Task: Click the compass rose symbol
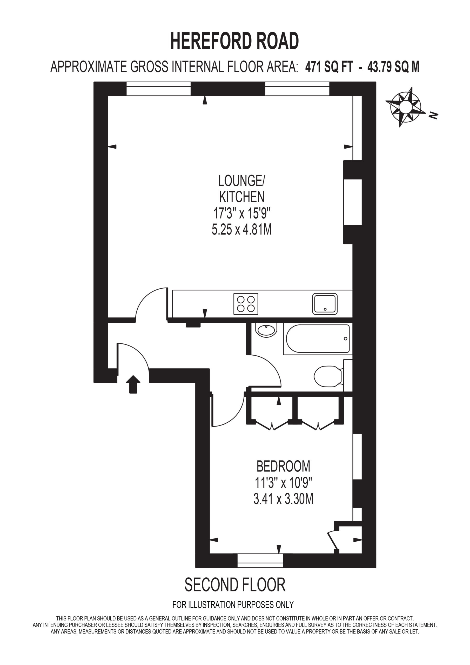(403, 107)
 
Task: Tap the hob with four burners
(246, 304)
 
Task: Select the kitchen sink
(325, 304)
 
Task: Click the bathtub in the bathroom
(318, 338)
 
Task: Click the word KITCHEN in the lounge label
(242, 197)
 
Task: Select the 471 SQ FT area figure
(329, 67)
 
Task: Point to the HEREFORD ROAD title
(234, 41)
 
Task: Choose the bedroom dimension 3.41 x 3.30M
(283, 499)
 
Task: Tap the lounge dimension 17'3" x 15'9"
(242, 214)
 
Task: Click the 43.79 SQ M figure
(393, 67)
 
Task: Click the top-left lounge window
(158, 89)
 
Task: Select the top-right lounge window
(297, 89)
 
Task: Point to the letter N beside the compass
(433, 115)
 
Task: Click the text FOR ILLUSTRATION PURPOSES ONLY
(233, 604)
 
